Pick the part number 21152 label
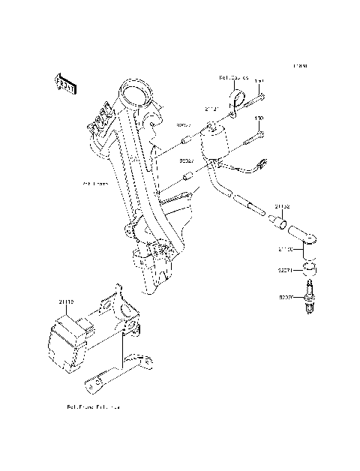(281, 205)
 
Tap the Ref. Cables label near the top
(233, 77)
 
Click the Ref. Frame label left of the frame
(94, 182)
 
